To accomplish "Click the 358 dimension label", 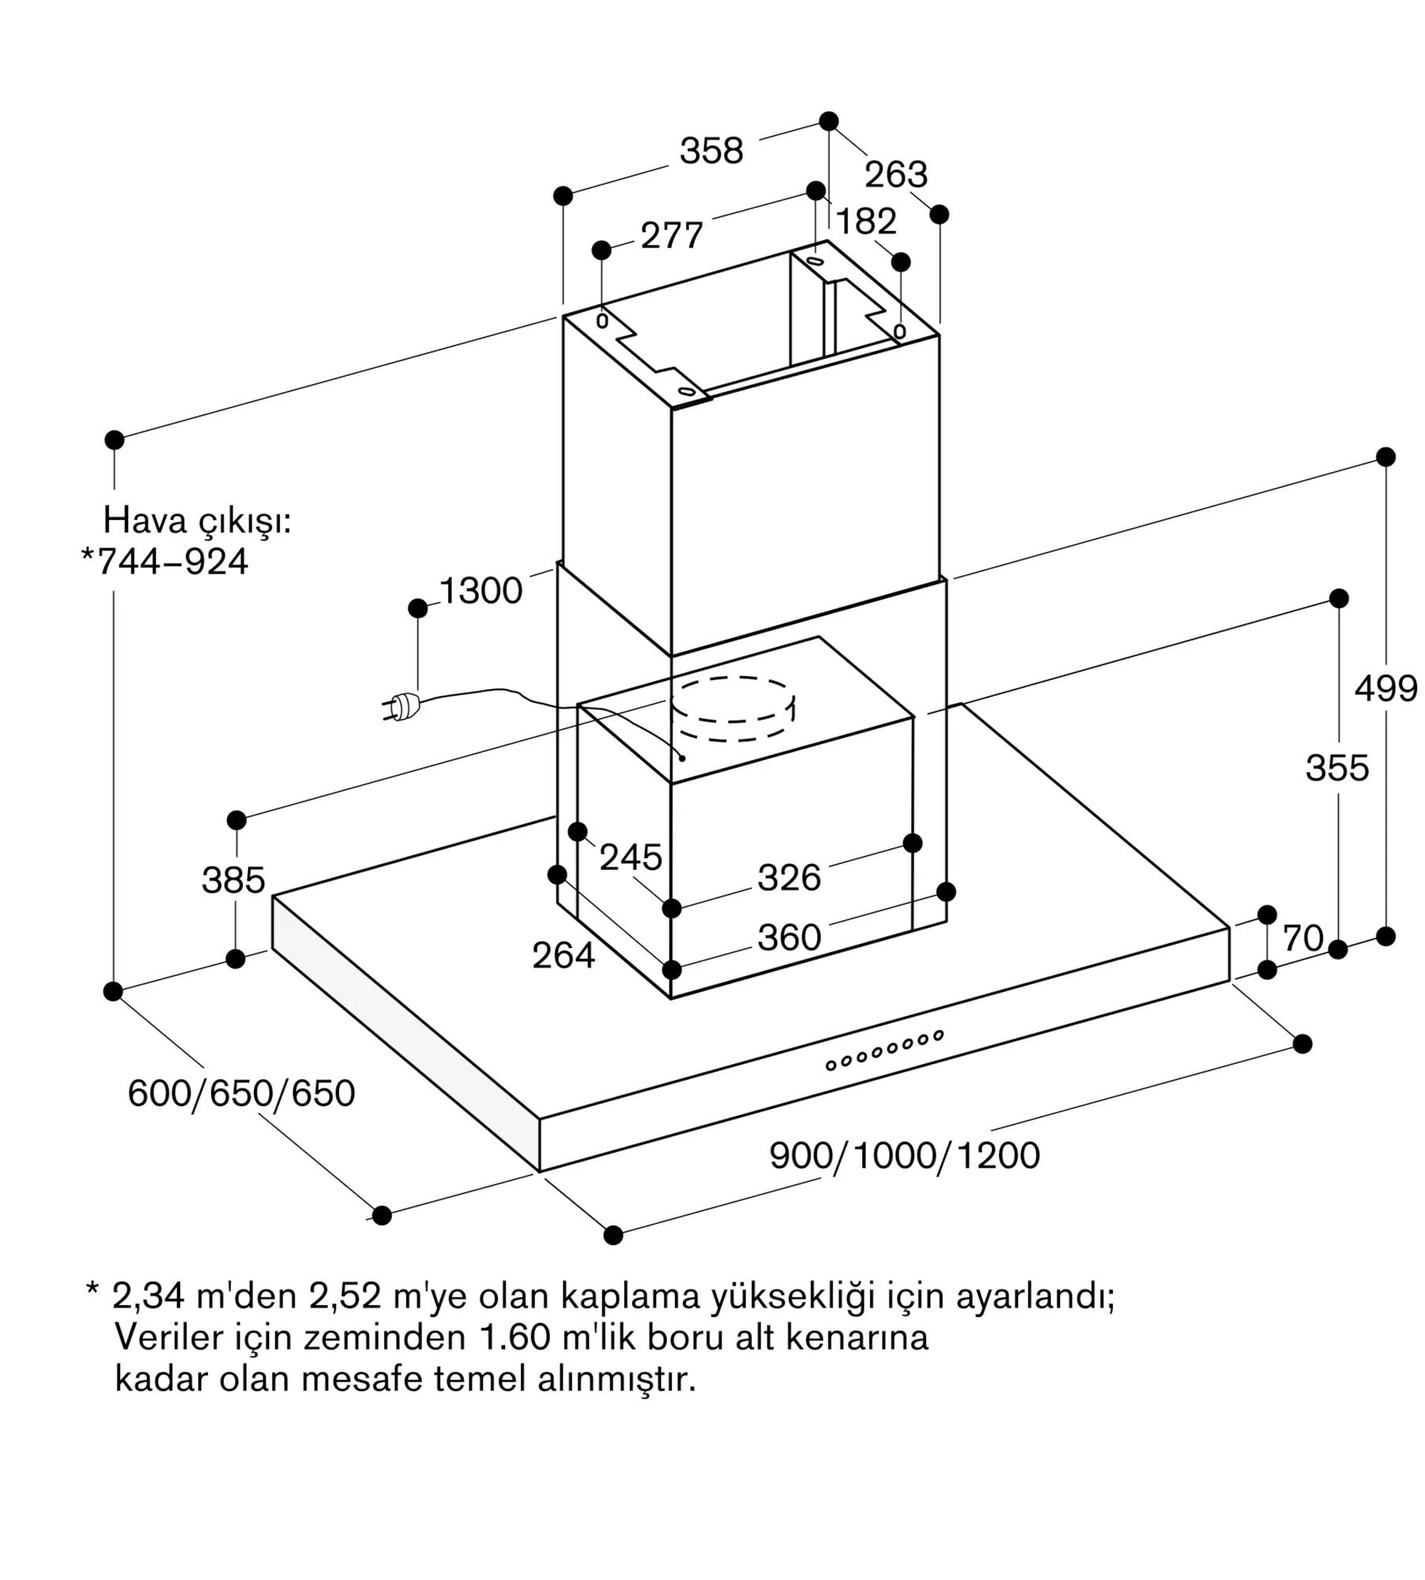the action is (711, 150).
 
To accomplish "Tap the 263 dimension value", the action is (895, 175).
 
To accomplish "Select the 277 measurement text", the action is (672, 235).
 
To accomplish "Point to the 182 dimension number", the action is (866, 221).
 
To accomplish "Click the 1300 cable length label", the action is (481, 590).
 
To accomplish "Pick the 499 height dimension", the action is (1385, 689).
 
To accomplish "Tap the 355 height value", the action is (1337, 768).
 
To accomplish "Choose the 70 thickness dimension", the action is (1302, 938).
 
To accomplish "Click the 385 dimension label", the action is (233, 880).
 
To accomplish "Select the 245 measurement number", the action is (631, 857).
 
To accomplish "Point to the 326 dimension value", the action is (790, 878).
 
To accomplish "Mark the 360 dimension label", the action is (790, 938).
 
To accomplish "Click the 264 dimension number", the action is (564, 956).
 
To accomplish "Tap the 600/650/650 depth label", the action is (242, 1093).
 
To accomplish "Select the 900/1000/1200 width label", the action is (904, 1156).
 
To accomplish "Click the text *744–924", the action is (165, 562).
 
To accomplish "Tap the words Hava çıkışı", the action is (198, 521).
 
